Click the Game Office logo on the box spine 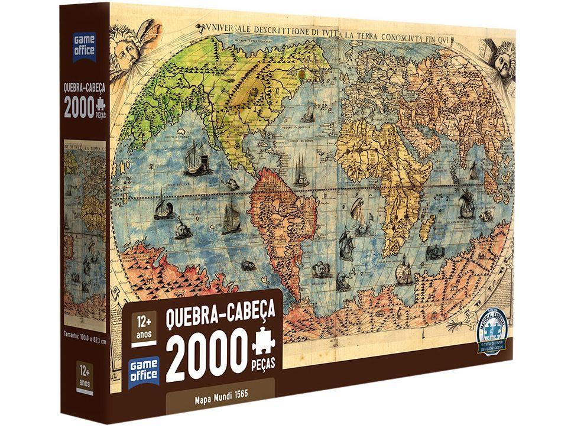coord(84,47)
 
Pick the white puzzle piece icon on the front coord(263,345)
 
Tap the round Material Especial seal coord(485,331)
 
